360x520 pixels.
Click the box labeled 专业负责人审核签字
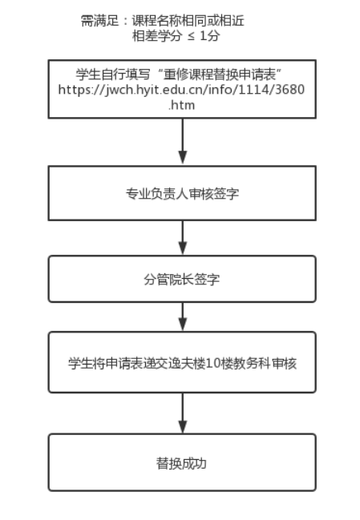(182, 193)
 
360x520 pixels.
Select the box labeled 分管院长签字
(182, 279)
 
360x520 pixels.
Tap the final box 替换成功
(182, 462)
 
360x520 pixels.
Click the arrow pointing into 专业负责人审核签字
(183, 141)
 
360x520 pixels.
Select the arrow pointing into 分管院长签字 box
(183, 237)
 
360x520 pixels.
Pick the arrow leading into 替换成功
(183, 413)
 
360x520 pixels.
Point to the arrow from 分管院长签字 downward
(183, 316)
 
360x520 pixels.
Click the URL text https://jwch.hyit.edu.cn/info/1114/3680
(181, 90)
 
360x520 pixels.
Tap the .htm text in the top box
(181, 105)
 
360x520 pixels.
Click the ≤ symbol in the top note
(191, 36)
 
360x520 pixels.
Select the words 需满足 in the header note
(100, 21)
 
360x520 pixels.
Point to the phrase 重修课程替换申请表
(220, 75)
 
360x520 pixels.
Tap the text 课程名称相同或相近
(188, 21)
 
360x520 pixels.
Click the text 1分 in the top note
(210, 36)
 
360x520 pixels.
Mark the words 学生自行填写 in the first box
(113, 75)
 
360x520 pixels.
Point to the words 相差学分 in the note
(157, 36)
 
